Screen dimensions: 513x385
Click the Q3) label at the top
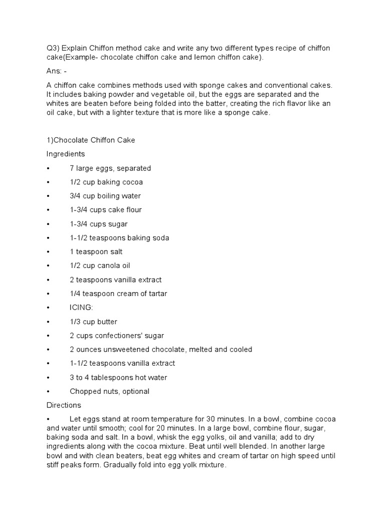[53, 48]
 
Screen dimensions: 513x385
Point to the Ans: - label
[57, 72]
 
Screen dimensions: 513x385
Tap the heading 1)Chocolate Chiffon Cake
[91, 140]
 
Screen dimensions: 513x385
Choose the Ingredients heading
[66, 154]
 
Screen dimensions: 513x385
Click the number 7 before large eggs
[72, 168]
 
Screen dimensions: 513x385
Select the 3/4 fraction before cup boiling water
[76, 196]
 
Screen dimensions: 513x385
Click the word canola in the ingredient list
[108, 266]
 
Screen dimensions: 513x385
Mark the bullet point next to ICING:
[48, 308]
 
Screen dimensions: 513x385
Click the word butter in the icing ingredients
[107, 322]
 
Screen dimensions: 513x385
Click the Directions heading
[64, 405]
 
